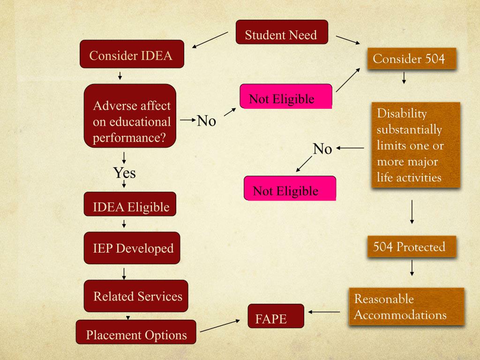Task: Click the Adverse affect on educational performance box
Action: pyautogui.click(x=130, y=116)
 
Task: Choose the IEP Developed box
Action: pyautogui.click(x=132, y=247)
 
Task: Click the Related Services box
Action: pyautogui.click(x=136, y=296)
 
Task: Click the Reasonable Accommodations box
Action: pyautogui.click(x=406, y=307)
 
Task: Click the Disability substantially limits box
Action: pyautogui.click(x=415, y=145)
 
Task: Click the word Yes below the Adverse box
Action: pyautogui.click(x=124, y=173)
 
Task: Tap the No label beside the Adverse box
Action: pyautogui.click(x=206, y=121)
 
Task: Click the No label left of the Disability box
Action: pyautogui.click(x=322, y=149)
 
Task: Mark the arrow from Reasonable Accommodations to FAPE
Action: pyautogui.click(x=324, y=312)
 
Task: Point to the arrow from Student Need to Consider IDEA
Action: pyautogui.click(x=210, y=40)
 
